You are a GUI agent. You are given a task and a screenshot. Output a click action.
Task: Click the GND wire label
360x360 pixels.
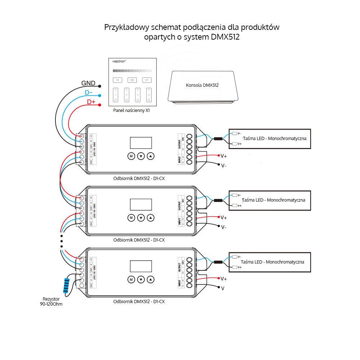(88, 84)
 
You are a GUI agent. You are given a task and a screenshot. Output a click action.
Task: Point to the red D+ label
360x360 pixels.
(91, 102)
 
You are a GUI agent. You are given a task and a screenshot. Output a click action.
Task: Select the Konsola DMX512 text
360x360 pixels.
(202, 85)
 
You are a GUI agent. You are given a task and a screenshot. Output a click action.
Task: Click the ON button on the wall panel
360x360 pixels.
(117, 80)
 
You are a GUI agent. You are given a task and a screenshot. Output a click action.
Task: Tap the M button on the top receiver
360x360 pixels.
(131, 156)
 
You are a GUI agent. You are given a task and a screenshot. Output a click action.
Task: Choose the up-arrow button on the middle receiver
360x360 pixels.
(151, 218)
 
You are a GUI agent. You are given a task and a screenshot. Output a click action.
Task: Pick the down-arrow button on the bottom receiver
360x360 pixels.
(141, 279)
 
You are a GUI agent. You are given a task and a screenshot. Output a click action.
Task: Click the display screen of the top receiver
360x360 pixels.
(141, 143)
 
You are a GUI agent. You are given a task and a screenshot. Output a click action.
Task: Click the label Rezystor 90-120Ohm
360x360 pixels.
(51, 302)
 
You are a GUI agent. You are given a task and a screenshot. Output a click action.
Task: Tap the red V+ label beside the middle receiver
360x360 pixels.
(224, 217)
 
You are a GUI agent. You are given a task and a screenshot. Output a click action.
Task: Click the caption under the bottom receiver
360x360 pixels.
(139, 301)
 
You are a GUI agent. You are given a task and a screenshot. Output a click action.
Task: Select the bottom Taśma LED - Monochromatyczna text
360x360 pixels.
(273, 262)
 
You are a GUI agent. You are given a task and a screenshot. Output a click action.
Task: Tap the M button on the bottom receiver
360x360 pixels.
(131, 279)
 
